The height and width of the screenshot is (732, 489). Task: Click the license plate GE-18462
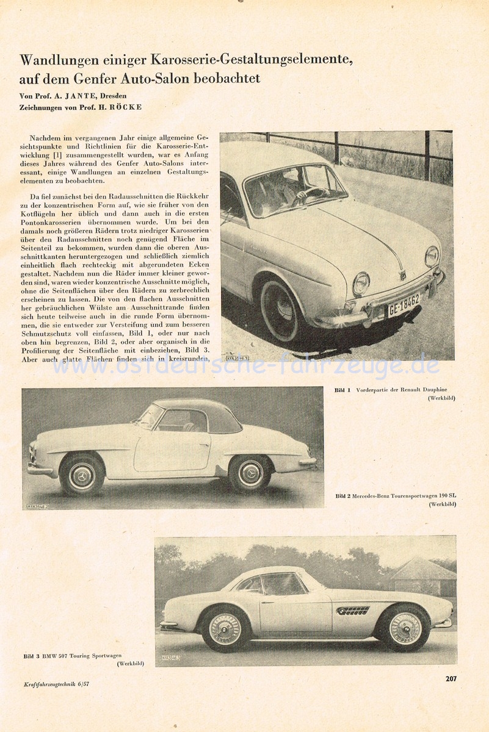click(404, 304)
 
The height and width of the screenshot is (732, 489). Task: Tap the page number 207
click(451, 678)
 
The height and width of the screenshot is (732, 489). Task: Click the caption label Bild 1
click(342, 390)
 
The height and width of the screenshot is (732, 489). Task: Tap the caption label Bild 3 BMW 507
click(56, 656)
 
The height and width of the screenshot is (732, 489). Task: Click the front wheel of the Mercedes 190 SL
click(82, 475)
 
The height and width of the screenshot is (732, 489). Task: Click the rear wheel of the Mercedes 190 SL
click(250, 473)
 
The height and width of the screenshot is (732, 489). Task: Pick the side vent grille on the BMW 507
click(352, 611)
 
